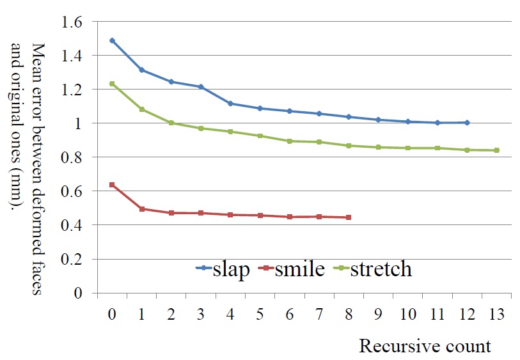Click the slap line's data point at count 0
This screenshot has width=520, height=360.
[x=112, y=40]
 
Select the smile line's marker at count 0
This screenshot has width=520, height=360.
[x=112, y=185]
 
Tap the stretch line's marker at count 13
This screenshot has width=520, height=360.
[x=497, y=150]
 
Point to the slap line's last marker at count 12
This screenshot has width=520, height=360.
[x=468, y=122]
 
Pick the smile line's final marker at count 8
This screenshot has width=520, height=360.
[x=349, y=217]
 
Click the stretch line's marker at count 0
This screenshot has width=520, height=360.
[x=112, y=84]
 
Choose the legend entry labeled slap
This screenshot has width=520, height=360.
[x=223, y=270]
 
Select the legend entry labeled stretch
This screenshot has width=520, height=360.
[x=374, y=270]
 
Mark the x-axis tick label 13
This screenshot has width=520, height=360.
[x=497, y=315]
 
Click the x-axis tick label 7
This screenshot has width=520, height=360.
[x=319, y=315]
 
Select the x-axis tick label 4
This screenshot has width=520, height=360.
[x=230, y=315]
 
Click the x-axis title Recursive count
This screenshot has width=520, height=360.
[x=425, y=346]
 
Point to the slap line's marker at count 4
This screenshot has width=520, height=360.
[x=230, y=104]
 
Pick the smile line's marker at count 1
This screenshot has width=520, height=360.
[x=141, y=208]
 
